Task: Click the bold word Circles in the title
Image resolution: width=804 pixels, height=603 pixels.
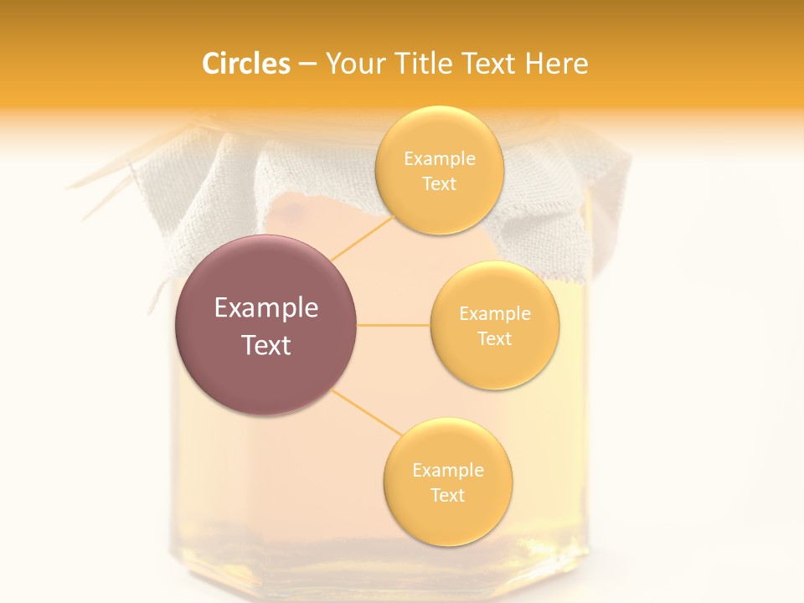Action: [245, 64]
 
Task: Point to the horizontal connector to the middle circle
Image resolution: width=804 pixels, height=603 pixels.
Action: [394, 325]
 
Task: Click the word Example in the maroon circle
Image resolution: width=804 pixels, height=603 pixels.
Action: [266, 308]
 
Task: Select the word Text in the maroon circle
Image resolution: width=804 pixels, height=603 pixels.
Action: [266, 345]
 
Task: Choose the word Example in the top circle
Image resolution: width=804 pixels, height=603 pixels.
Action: [440, 159]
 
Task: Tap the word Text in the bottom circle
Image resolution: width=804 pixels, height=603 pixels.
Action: [447, 495]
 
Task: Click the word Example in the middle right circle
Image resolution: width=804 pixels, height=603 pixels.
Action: [495, 314]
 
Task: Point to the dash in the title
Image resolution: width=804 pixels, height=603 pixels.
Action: [307, 64]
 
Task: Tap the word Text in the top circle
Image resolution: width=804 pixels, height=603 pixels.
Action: [439, 184]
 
